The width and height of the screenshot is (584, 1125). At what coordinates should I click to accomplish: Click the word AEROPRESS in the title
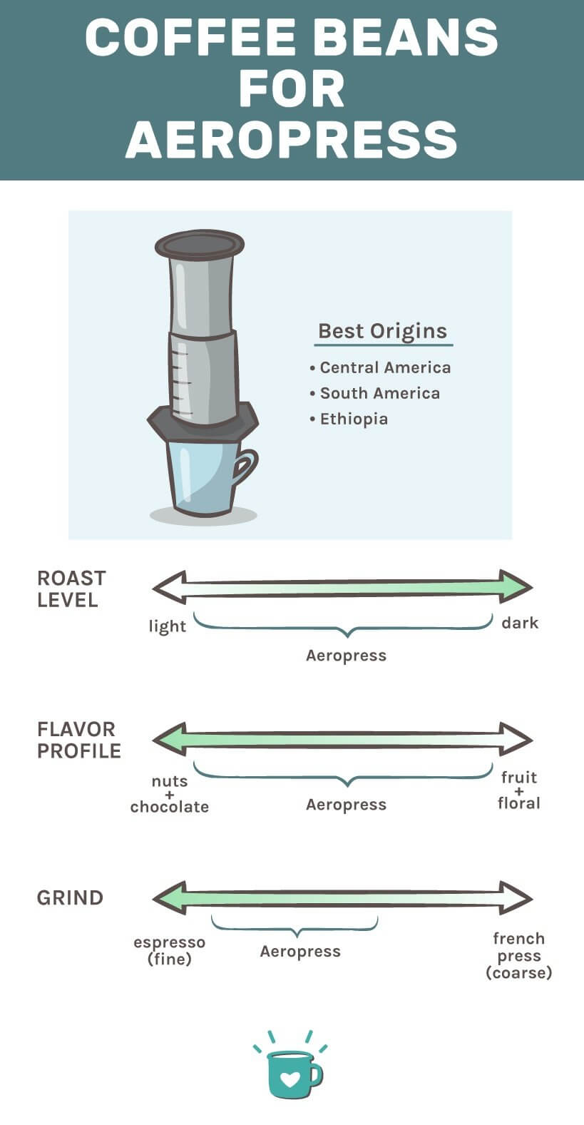click(292, 139)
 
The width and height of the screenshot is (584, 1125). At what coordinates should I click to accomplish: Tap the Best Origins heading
click(382, 331)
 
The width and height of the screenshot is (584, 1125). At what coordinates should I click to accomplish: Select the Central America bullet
click(385, 367)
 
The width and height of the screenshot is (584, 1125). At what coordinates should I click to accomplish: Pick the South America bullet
click(379, 393)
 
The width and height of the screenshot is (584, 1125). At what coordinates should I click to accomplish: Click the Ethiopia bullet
click(354, 419)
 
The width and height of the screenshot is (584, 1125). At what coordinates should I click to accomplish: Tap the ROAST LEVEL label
click(71, 589)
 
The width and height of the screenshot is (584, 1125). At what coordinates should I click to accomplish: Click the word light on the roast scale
click(167, 626)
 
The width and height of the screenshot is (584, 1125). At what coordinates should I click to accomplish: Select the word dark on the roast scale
click(520, 623)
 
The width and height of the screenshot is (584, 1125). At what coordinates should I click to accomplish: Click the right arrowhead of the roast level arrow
click(516, 586)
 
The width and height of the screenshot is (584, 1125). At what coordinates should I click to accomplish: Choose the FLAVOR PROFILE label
click(78, 740)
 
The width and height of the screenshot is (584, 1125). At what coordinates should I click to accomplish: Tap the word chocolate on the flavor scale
click(170, 807)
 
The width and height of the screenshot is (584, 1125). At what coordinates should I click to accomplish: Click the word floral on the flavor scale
click(518, 803)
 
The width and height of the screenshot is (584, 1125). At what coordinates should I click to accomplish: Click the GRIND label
click(70, 897)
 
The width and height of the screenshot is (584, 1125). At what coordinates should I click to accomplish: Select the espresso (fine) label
click(170, 950)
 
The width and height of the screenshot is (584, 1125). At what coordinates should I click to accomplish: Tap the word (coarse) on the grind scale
click(518, 973)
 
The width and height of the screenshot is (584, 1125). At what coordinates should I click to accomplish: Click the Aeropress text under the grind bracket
click(300, 952)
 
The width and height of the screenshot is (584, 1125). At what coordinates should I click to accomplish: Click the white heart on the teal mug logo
click(290, 1078)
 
